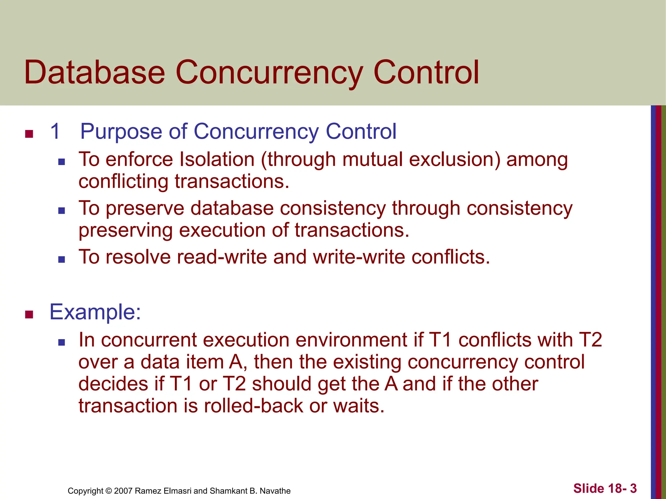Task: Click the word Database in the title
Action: coord(94,72)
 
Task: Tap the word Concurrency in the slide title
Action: coord(269,72)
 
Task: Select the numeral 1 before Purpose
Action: coord(55,132)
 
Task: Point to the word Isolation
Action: coord(217,160)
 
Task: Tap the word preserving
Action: coord(126,230)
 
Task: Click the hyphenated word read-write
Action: coord(222,257)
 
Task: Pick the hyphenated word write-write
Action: coord(359,257)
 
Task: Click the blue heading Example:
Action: coord(95,312)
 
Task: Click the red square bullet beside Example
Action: coord(29,314)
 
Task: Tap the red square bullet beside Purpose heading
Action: coord(29,134)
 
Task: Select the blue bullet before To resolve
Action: coord(61,259)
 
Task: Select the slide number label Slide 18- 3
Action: coord(605,488)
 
